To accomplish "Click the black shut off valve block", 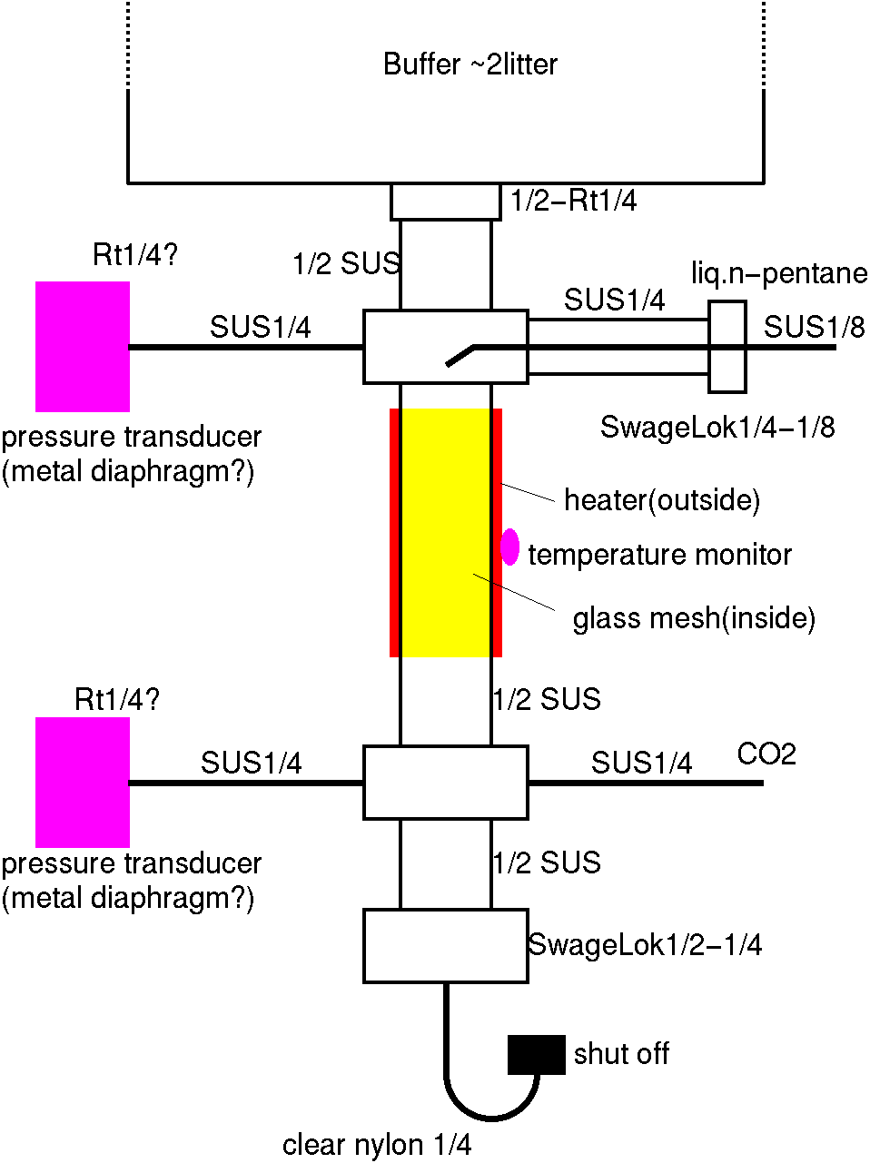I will tap(537, 1054).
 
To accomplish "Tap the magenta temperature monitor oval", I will tap(510, 547).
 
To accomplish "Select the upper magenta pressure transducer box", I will tap(83, 346).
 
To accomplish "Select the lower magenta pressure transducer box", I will tap(83, 782).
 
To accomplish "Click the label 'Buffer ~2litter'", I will tap(470, 64).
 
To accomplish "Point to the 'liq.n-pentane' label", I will tap(778, 272).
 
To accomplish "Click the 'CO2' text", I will tap(766, 754).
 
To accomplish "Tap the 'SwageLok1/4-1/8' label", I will tap(717, 427).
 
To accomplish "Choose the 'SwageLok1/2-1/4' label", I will tap(645, 945).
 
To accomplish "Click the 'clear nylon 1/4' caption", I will tap(377, 1145).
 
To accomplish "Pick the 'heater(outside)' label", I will tap(662, 500).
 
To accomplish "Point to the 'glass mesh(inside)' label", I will tap(694, 618).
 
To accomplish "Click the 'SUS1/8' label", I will tap(814, 327).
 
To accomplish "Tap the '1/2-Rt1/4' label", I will tap(573, 201).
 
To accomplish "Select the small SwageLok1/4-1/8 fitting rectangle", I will tap(727, 347).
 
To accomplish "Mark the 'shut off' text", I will tap(621, 1054).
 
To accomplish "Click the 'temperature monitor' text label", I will tap(659, 555).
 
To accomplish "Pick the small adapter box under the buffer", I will tap(446, 202).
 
